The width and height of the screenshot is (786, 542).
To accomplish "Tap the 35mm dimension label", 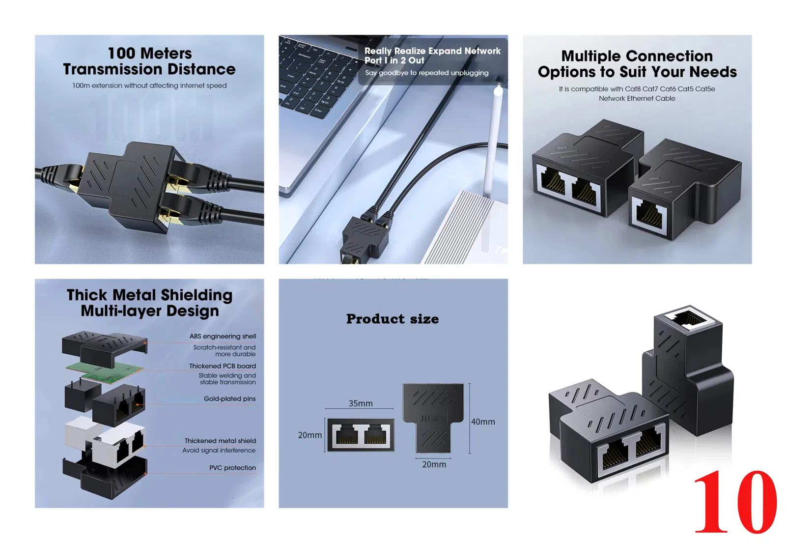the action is pyautogui.click(x=361, y=403).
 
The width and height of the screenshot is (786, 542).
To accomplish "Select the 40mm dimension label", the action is pyautogui.click(x=483, y=422).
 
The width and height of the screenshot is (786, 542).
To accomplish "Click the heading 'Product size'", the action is pyautogui.click(x=393, y=319).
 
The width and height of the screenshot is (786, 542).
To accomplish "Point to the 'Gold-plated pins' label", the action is pyautogui.click(x=229, y=399).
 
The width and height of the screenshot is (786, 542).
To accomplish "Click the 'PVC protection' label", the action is pyautogui.click(x=232, y=468).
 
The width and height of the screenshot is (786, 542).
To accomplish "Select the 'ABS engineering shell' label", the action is pyautogui.click(x=223, y=336).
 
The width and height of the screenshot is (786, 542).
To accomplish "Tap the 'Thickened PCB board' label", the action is pyautogui.click(x=222, y=366).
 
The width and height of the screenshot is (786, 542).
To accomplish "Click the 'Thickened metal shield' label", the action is pyautogui.click(x=220, y=441).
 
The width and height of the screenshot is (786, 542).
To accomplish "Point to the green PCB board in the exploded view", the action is pyautogui.click(x=105, y=371).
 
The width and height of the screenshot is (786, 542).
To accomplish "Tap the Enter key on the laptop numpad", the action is pyautogui.click(x=318, y=111).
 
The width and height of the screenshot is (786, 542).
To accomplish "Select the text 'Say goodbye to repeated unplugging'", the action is pyautogui.click(x=427, y=73).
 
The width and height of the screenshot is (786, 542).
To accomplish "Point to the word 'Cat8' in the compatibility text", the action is pyautogui.click(x=633, y=89).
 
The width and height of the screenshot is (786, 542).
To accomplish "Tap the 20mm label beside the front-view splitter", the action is pyautogui.click(x=309, y=435).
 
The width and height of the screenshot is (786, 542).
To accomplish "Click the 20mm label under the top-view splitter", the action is pyautogui.click(x=434, y=464).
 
